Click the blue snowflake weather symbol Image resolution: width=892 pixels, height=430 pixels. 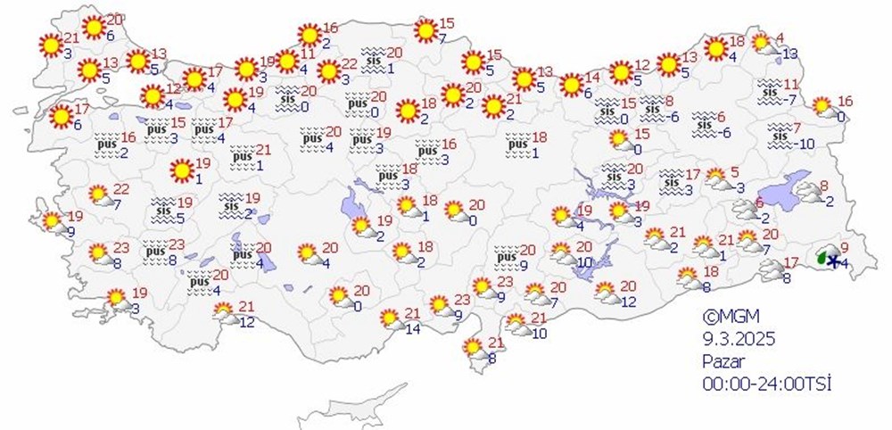(833, 261)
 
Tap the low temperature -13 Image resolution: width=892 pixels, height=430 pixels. (788, 54)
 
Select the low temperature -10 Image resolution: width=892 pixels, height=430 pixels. (805, 145)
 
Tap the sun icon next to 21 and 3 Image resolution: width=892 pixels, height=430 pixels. (49, 43)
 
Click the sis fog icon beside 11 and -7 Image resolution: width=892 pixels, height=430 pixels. (770, 89)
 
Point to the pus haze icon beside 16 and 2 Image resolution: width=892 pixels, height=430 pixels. (108, 145)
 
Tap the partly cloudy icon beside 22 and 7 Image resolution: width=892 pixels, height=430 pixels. (101, 194)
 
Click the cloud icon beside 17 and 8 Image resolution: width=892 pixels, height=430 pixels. (770, 269)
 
